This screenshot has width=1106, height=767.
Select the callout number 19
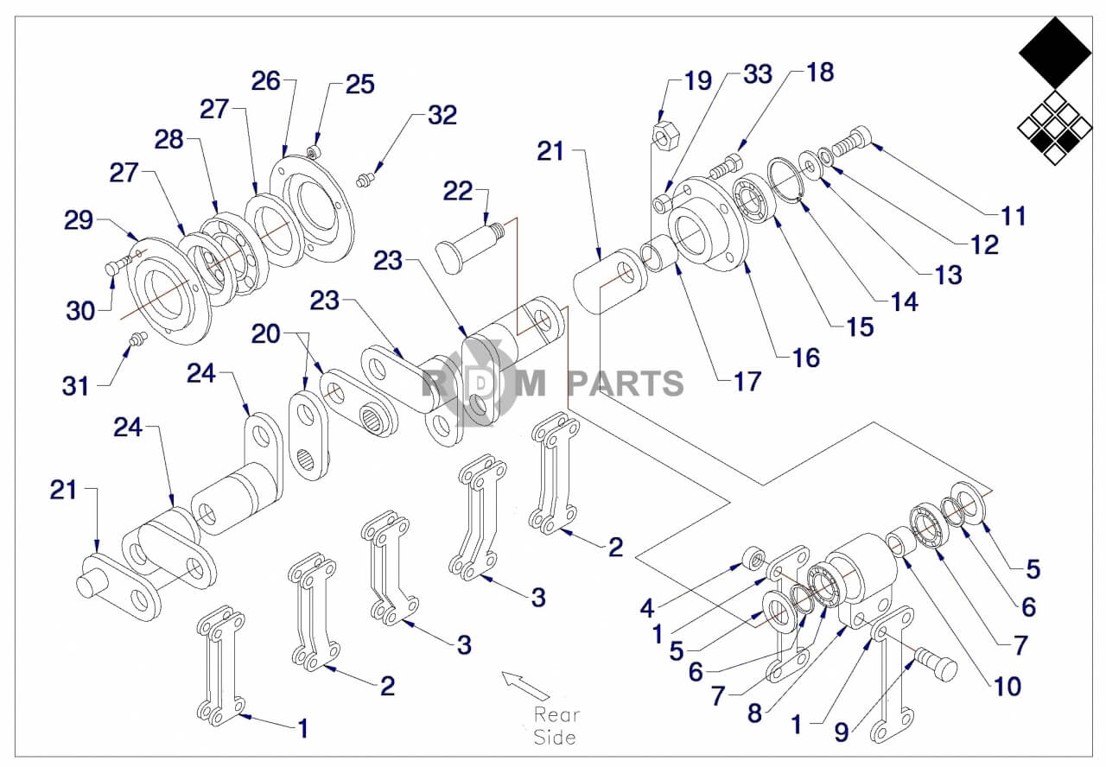[697, 82]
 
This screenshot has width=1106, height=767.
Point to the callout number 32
[442, 115]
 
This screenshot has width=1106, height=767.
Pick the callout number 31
[76, 385]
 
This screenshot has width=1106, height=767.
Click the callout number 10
[1007, 687]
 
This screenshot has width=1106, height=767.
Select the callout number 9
[842, 732]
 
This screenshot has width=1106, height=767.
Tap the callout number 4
[647, 608]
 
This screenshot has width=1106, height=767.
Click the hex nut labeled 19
[663, 135]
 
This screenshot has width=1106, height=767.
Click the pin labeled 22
[470, 245]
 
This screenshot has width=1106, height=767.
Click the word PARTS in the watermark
[626, 383]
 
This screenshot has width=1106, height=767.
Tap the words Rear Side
[555, 726]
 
